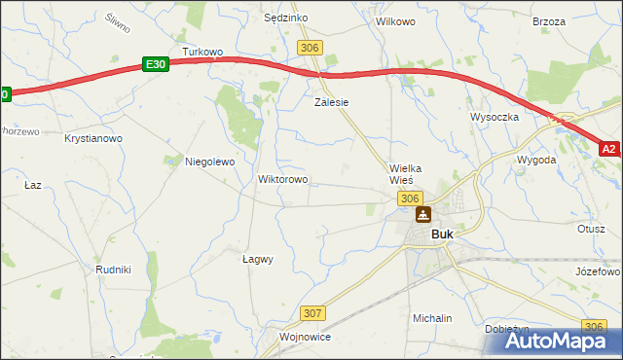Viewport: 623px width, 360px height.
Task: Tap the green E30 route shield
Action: pyautogui.click(x=156, y=63)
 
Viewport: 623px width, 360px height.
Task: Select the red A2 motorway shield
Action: pyautogui.click(x=609, y=149)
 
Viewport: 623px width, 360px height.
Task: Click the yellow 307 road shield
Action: pyautogui.click(x=311, y=312)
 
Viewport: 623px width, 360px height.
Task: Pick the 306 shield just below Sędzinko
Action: pyautogui.click(x=310, y=48)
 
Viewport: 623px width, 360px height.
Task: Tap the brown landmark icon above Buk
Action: pyautogui.click(x=423, y=214)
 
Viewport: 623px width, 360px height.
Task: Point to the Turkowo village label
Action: pyautogui.click(x=203, y=52)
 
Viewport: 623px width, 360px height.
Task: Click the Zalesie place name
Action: pyautogui.click(x=331, y=101)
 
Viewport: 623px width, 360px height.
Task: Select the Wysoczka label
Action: pyautogui.click(x=495, y=116)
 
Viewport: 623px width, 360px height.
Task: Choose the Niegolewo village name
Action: pyautogui.click(x=210, y=162)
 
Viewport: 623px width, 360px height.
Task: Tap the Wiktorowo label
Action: pyautogui.click(x=282, y=180)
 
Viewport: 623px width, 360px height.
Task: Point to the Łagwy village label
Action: pyautogui.click(x=257, y=259)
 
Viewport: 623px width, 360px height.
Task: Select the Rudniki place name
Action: pyautogui.click(x=114, y=269)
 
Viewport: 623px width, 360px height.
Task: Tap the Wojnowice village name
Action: pyautogui.click(x=305, y=337)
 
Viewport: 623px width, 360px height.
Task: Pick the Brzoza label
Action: pyautogui.click(x=549, y=21)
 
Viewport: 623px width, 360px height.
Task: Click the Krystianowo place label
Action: pyautogui.click(x=92, y=139)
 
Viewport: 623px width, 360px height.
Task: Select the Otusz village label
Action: pyautogui.click(x=591, y=229)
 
